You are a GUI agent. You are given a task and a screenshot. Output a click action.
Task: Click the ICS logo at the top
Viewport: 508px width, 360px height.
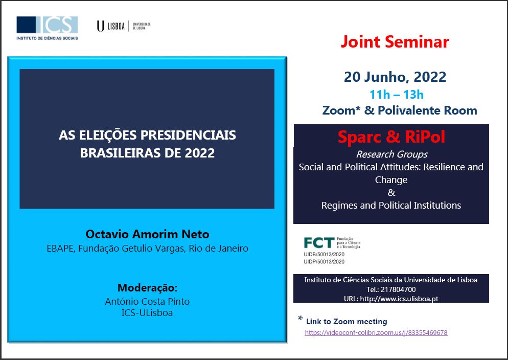[x=47, y=28]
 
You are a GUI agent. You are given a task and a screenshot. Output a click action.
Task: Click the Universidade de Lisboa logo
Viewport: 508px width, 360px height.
[x=124, y=26]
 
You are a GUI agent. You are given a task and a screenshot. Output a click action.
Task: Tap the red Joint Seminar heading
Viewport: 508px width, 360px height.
[x=395, y=42]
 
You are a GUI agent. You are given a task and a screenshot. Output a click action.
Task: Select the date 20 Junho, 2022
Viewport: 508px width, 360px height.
[x=395, y=77]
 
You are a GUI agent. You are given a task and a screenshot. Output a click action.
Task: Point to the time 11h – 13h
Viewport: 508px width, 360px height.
[x=397, y=95]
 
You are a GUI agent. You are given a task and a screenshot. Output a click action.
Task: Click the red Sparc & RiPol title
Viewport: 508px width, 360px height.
[x=391, y=137]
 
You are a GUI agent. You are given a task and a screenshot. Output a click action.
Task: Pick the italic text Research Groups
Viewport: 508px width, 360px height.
[x=391, y=154]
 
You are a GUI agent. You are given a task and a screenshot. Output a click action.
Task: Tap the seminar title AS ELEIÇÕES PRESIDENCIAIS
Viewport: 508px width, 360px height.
[x=147, y=135]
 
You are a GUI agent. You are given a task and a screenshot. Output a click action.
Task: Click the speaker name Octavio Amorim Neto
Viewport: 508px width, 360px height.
[x=147, y=234]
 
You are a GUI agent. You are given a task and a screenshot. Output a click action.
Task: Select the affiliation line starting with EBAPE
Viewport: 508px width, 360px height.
[x=147, y=249]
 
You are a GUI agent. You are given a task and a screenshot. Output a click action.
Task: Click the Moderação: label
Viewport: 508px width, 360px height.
[x=147, y=288]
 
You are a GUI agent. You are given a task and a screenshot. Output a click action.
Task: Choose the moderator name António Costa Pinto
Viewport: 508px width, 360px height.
[x=147, y=302]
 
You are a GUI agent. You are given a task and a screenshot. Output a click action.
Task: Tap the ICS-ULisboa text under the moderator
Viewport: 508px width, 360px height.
[x=147, y=313]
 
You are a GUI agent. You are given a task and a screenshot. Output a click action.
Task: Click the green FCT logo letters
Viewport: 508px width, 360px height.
[x=319, y=243]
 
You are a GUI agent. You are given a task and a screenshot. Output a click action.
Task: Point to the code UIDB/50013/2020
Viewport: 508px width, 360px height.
[x=324, y=255]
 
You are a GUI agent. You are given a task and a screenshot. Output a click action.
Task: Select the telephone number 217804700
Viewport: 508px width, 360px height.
[x=398, y=289]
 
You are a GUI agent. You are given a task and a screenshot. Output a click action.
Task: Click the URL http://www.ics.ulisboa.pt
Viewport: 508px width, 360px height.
[x=399, y=299]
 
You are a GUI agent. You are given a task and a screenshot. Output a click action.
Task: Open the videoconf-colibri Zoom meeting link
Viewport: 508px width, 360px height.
[x=376, y=333]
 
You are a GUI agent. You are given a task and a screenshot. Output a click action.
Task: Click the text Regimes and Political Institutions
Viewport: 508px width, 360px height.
[x=391, y=206]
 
